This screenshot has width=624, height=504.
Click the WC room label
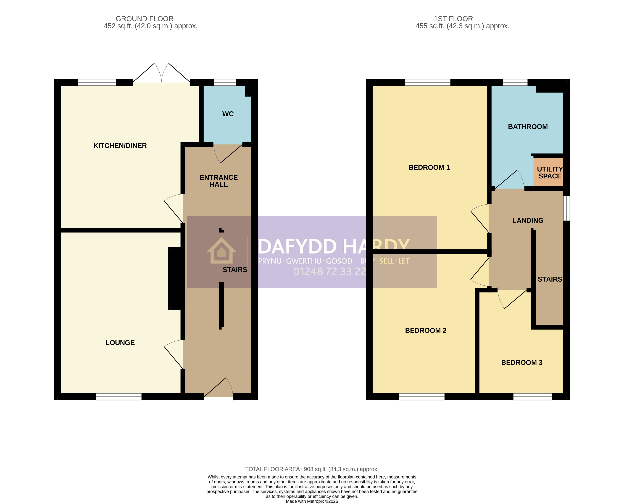(x=228, y=114)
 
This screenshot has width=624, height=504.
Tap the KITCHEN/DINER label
(x=120, y=146)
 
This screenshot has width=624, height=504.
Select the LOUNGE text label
(x=120, y=343)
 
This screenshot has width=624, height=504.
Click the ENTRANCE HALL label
(x=219, y=181)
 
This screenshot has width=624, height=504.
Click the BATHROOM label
(x=528, y=127)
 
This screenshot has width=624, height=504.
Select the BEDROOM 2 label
(x=426, y=330)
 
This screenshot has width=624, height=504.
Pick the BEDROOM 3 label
(x=522, y=362)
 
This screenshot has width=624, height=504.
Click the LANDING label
(x=528, y=220)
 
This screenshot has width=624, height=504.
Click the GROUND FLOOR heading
(x=145, y=19)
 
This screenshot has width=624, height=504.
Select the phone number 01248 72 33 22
(x=330, y=271)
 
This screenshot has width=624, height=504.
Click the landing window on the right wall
(x=567, y=208)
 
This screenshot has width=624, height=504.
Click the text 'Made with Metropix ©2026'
(x=312, y=501)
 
